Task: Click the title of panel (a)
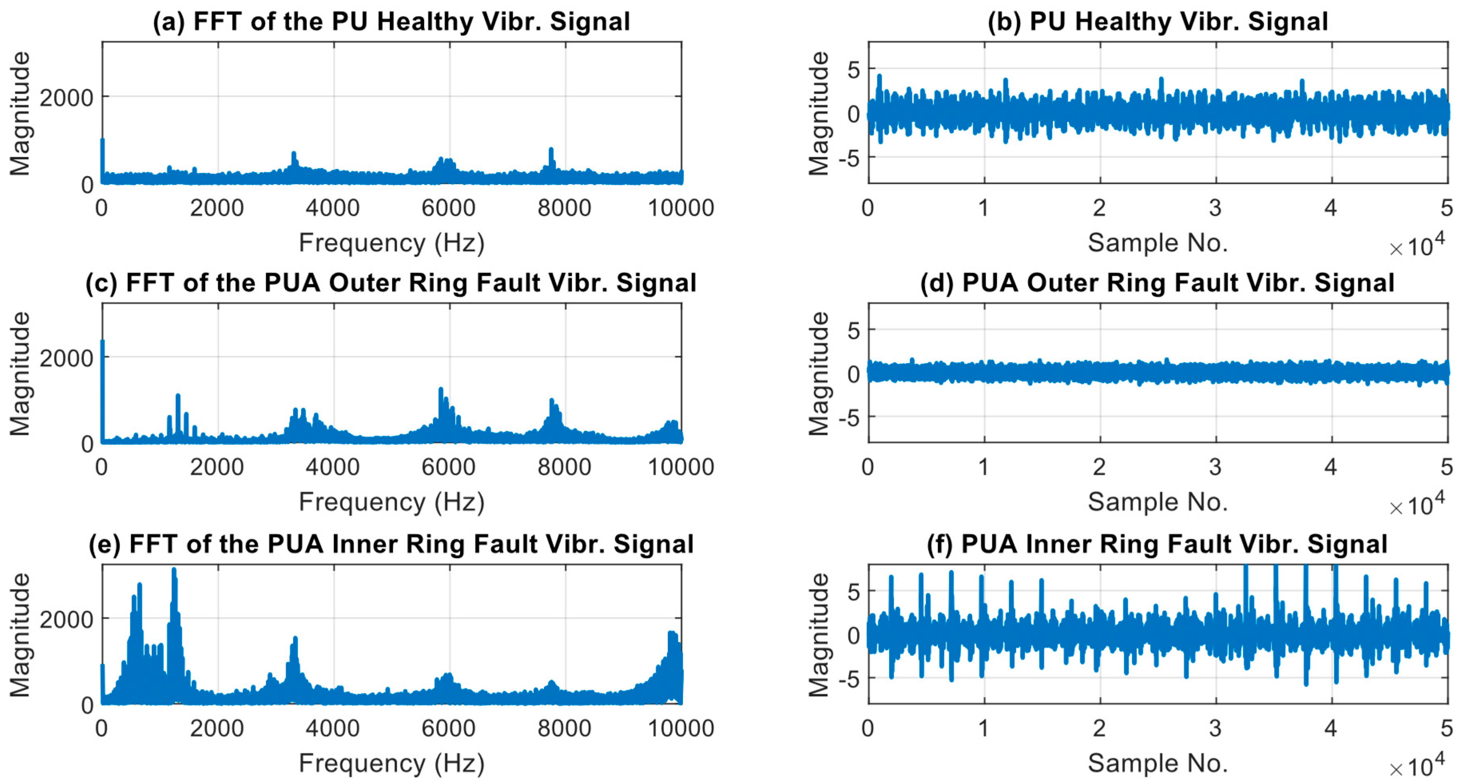(x=391, y=22)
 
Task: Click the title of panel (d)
(x=1157, y=283)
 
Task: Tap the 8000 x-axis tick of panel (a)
(x=564, y=208)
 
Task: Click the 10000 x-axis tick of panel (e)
(x=680, y=728)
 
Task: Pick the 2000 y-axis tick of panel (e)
(x=66, y=619)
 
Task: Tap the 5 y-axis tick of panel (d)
(x=854, y=330)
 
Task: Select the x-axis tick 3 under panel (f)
(x=1215, y=728)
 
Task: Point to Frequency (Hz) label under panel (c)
(x=391, y=502)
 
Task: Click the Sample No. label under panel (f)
(x=1157, y=763)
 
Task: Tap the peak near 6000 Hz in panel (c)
(x=441, y=390)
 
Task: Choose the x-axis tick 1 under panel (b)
(x=984, y=208)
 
